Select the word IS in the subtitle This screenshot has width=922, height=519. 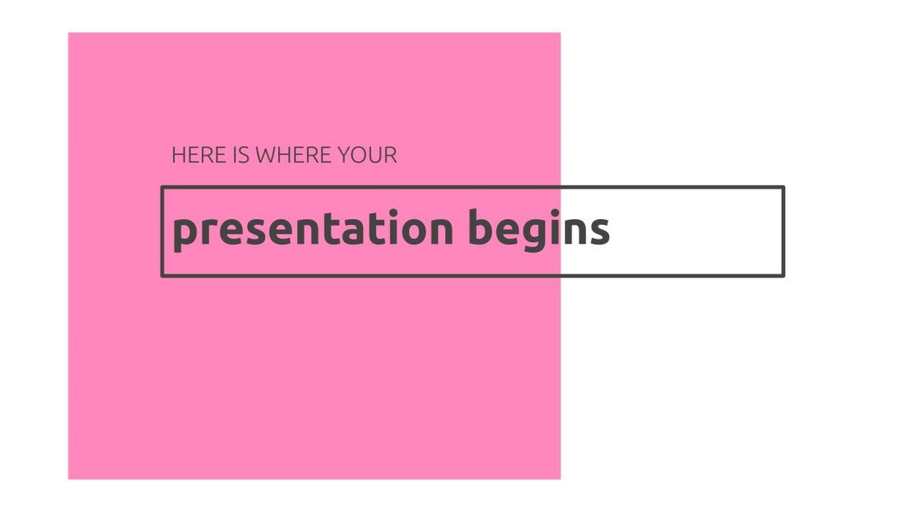click(242, 155)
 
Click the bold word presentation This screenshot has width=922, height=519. click(313, 230)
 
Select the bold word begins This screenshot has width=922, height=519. click(539, 230)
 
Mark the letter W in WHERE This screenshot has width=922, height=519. click(267, 155)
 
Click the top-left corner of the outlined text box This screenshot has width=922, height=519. click(162, 188)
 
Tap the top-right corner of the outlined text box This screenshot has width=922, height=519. click(783, 188)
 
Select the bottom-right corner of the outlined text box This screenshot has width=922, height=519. click(783, 275)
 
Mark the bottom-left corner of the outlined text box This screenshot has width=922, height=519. click(162, 275)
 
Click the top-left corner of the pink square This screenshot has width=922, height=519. click(68, 33)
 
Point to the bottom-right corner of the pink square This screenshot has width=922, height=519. click(560, 479)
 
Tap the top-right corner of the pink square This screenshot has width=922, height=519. click(560, 33)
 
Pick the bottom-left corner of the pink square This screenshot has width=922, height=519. click(68, 479)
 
